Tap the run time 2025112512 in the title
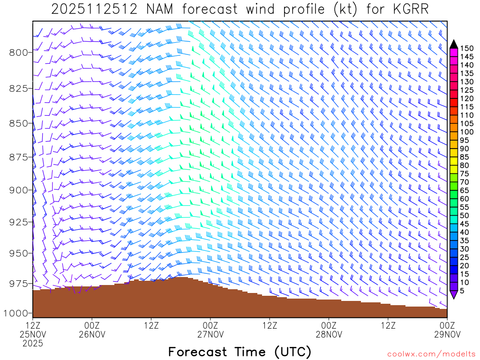click(x=95, y=9)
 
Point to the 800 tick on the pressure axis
click(x=19, y=52)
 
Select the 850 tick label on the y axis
click(x=19, y=123)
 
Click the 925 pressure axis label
click(x=19, y=221)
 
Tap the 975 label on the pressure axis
click(x=19, y=284)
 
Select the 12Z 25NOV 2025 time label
click(x=33, y=334)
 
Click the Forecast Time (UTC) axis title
click(x=240, y=352)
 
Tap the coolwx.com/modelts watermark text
click(x=431, y=353)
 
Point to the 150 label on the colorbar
click(x=467, y=48)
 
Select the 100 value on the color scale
click(x=467, y=132)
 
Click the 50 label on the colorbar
click(x=465, y=215)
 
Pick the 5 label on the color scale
click(x=463, y=291)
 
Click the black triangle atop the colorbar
click(x=454, y=44)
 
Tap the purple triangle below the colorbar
click(x=454, y=294)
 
